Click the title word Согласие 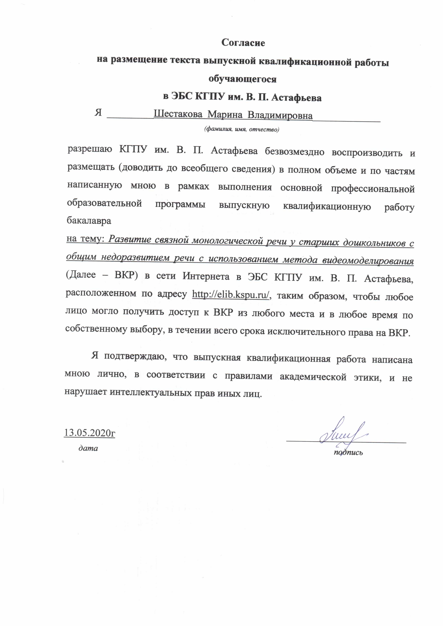[x=243, y=43]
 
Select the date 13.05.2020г [x=89, y=433]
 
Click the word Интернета [x=206, y=276]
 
